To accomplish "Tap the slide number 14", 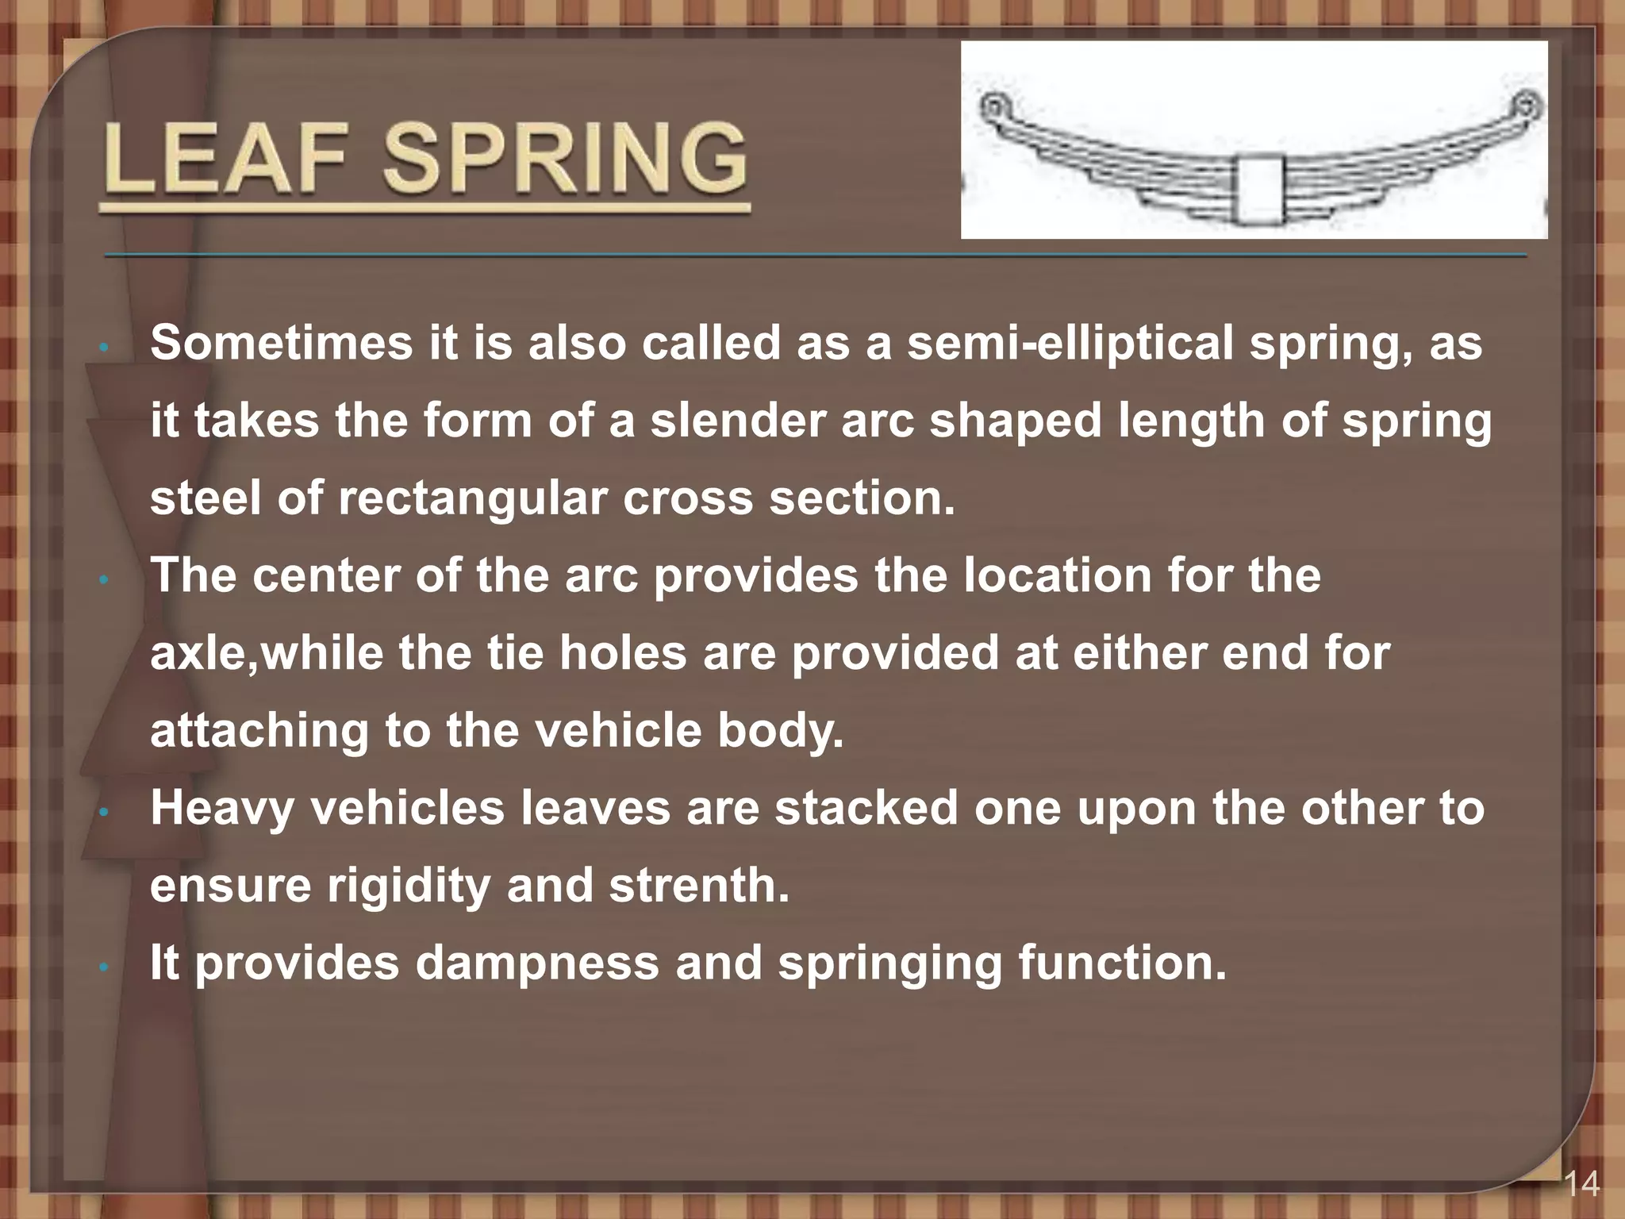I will click(x=1581, y=1186).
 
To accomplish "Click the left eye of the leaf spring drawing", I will click(x=993, y=106).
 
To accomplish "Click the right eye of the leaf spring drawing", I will click(x=1524, y=105).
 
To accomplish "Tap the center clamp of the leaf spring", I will click(x=1258, y=190).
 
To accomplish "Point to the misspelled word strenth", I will click(x=699, y=885).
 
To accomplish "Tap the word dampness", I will click(x=538, y=963).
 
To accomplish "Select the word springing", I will click(x=889, y=963).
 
